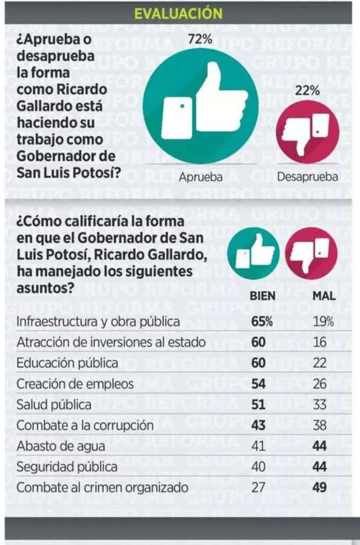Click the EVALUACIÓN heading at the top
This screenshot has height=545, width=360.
pyautogui.click(x=178, y=13)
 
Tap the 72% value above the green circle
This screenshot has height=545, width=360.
pyautogui.click(x=200, y=39)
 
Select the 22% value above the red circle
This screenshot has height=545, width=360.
pyautogui.click(x=307, y=91)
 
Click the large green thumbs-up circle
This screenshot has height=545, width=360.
pyautogui.click(x=201, y=106)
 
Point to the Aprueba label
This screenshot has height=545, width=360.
pyautogui.click(x=201, y=177)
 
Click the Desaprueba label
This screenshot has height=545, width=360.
pyautogui.click(x=307, y=177)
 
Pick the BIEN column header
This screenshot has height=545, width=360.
pyautogui.click(x=262, y=296)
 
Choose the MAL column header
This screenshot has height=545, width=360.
pyautogui.click(x=324, y=296)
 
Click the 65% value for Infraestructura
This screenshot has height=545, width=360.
pyautogui.click(x=262, y=321)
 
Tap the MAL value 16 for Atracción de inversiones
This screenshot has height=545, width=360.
pyautogui.click(x=320, y=342)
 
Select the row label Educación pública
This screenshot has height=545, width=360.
pyautogui.click(x=67, y=363)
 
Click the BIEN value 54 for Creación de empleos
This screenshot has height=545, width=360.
pyautogui.click(x=258, y=384)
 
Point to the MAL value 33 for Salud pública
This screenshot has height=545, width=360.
pyautogui.click(x=320, y=404)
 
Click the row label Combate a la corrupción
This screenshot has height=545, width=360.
pyautogui.click(x=85, y=425)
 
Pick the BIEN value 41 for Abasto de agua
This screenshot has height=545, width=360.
pyautogui.click(x=258, y=446)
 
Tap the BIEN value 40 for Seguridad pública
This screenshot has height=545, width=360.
pyautogui.click(x=258, y=467)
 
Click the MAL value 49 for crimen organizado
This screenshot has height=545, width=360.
pyautogui.click(x=320, y=487)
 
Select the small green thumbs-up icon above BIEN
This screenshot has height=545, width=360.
pyautogui.click(x=253, y=253)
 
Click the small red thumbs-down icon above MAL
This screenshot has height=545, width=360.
pyautogui.click(x=311, y=253)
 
